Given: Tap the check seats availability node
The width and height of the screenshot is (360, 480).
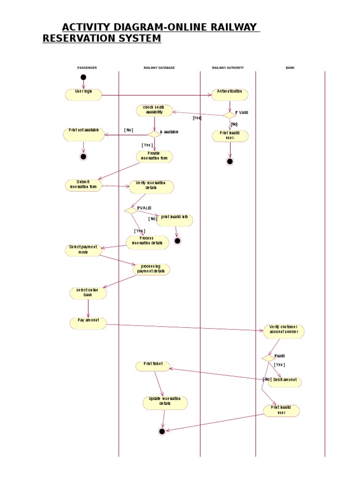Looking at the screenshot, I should pyautogui.click(x=154, y=110).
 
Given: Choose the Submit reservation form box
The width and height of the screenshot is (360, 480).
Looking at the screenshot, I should pyautogui.click(x=83, y=185).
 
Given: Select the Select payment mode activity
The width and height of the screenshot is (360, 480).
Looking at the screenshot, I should pyautogui.click(x=83, y=250).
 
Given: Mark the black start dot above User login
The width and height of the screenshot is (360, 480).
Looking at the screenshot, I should pyautogui.click(x=83, y=77).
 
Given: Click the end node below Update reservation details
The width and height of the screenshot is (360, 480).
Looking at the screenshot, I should pyautogui.click(x=162, y=431).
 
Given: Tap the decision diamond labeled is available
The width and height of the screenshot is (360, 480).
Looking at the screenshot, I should pyautogui.click(x=154, y=134).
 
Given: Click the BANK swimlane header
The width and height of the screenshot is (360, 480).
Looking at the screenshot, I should pyautogui.click(x=290, y=68).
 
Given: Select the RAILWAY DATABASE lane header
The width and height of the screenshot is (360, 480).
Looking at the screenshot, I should pyautogui.click(x=159, y=68).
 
